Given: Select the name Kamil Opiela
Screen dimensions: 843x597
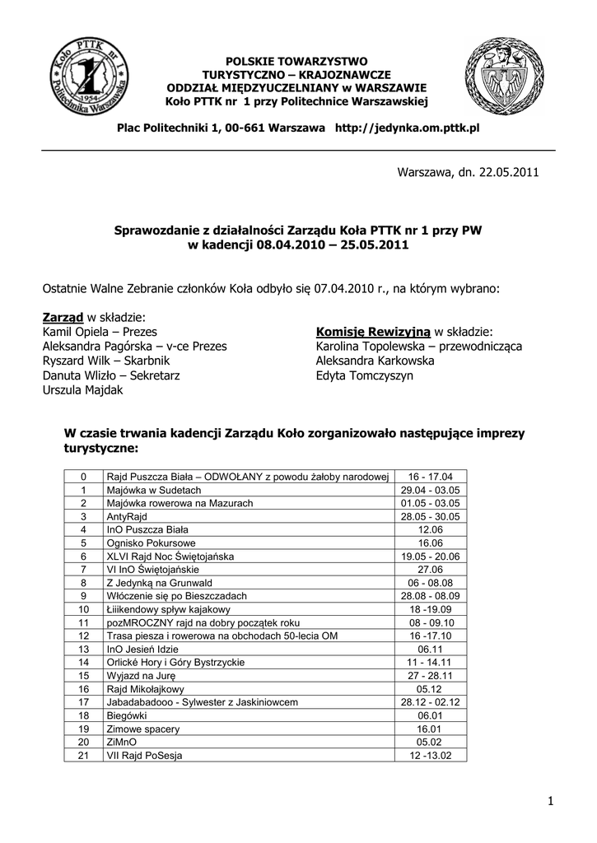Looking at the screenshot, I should click(x=75, y=331).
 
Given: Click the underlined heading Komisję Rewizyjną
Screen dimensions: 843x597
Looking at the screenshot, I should click(x=373, y=331).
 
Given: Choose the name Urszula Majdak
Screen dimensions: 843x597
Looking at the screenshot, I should click(x=82, y=390).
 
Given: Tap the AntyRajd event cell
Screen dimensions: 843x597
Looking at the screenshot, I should click(x=125, y=516).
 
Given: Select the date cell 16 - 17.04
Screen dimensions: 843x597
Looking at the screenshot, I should click(x=431, y=477).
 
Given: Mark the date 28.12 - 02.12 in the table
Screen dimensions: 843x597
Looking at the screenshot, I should click(x=431, y=702).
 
